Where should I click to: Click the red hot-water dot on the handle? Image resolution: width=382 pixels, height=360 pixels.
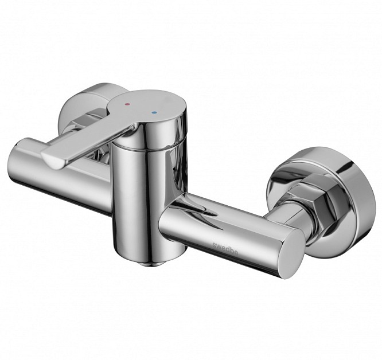[x=127, y=104]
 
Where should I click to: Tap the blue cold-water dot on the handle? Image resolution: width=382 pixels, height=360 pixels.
[x=153, y=113]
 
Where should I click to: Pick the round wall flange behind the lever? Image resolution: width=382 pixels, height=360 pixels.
[x=80, y=105]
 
